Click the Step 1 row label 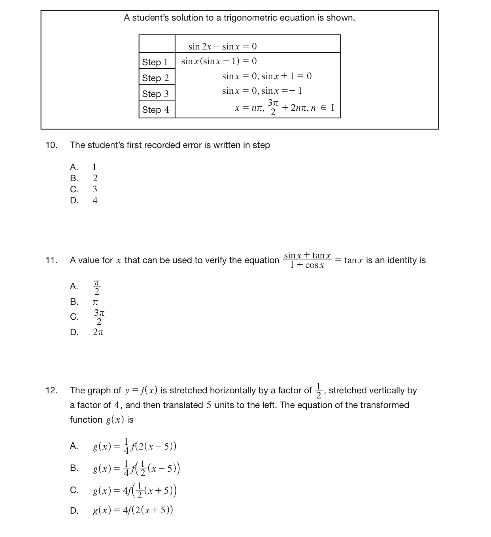click(x=155, y=62)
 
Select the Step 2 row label click(x=155, y=78)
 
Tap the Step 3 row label click(x=155, y=94)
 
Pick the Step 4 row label click(x=155, y=110)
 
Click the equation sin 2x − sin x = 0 click(x=223, y=46)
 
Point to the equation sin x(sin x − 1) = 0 click(x=219, y=61)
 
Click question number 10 click(x=51, y=145)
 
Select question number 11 click(x=51, y=260)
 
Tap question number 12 click(x=51, y=391)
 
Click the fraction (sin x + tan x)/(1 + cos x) click(x=308, y=260)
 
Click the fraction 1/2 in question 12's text click(x=319, y=391)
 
